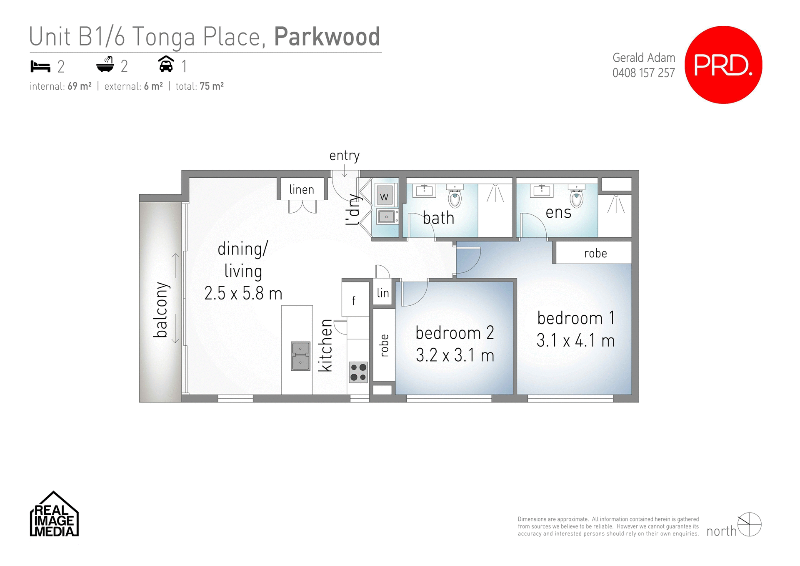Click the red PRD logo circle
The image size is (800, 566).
[723, 65]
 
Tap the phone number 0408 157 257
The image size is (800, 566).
[643, 73]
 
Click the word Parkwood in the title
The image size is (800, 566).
[327, 37]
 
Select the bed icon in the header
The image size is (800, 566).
[40, 66]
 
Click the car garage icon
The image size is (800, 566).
[166, 64]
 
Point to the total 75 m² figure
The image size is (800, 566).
[200, 86]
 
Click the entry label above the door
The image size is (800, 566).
[344, 156]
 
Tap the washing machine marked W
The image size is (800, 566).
[385, 196]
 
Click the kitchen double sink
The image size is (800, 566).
[300, 356]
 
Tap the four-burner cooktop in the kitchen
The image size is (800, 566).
[358, 372]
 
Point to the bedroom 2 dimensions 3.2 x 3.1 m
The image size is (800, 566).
[455, 355]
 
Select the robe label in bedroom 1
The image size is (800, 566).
[595, 253]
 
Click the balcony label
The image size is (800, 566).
[161, 309]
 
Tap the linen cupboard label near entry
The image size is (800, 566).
[302, 189]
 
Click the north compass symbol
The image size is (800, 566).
[749, 525]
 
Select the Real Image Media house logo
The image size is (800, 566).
[54, 515]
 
